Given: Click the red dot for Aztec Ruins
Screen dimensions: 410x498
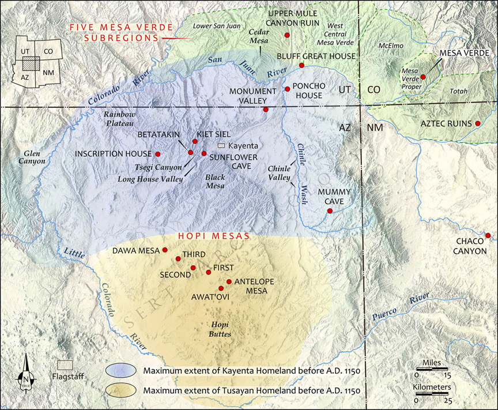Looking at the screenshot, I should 478,123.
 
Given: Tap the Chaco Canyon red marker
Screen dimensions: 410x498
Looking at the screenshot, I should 488,235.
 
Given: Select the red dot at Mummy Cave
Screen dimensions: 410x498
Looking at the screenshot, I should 330,211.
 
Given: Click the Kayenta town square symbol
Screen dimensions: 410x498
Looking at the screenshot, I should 221,146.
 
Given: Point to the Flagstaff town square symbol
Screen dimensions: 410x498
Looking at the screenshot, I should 65,366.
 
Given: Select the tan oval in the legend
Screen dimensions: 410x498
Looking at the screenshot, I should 122,390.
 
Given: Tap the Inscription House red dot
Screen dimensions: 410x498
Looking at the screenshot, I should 157,154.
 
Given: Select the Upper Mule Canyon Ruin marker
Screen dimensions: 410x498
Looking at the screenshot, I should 287,36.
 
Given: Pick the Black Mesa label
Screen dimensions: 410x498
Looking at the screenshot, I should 215,182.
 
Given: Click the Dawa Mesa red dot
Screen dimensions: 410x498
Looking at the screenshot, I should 165,250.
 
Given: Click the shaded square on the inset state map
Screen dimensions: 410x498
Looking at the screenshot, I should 33,62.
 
